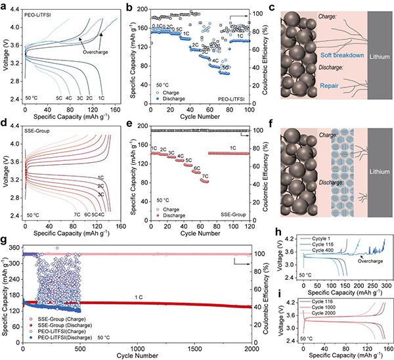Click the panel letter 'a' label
4,5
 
